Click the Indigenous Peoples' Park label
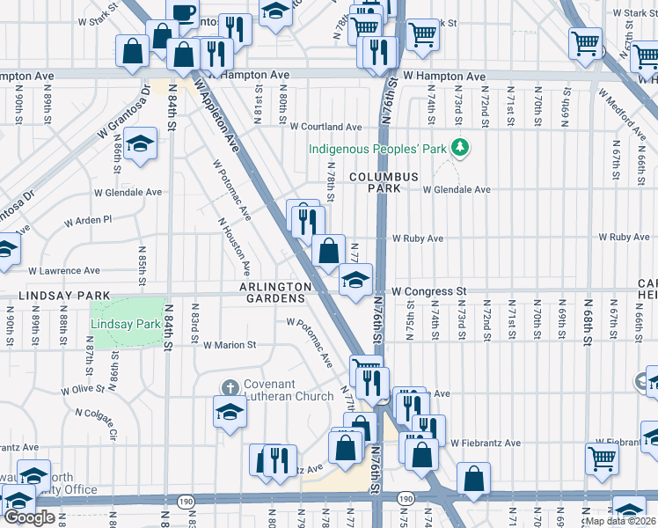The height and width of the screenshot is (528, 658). tap(377, 148)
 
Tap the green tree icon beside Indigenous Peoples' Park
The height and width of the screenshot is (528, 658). tap(457, 146)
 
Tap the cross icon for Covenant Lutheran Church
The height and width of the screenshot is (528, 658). tap(230, 387)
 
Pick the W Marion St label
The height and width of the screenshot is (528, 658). tap(229, 346)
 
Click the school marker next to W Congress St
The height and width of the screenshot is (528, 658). tap(355, 281)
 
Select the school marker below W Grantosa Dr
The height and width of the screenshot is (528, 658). tap(140, 143)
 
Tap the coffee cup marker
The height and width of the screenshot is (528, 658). tap(183, 12)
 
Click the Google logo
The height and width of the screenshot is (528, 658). tap(29, 518)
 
